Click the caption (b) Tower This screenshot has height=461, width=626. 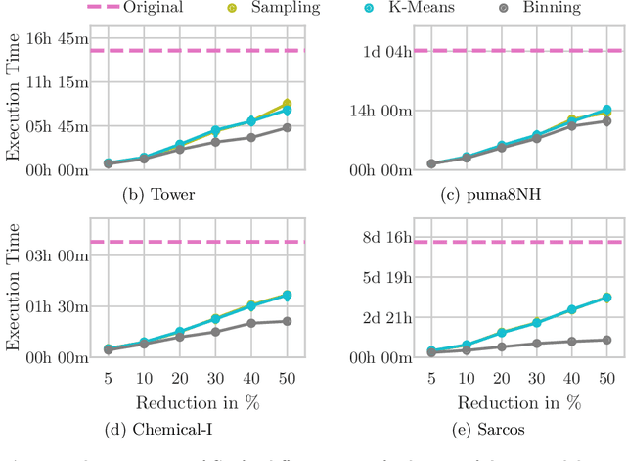(157, 194)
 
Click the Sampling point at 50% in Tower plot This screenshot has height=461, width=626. (287, 104)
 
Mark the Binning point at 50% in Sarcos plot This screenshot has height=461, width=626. (607, 340)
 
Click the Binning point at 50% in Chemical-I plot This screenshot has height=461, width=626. (287, 321)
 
